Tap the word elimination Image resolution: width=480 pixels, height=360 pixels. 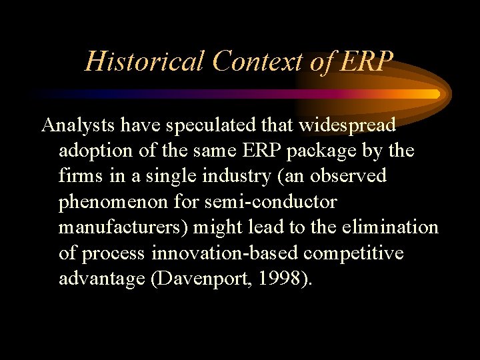tap(389, 227)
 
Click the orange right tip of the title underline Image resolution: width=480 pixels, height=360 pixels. tap(437, 94)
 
